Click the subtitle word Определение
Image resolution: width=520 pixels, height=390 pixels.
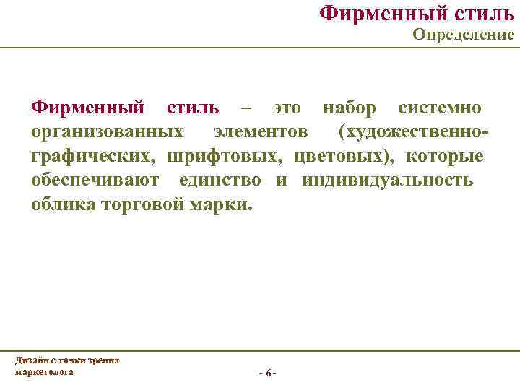[463, 35]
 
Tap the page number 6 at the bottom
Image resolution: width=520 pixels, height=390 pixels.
[268, 373]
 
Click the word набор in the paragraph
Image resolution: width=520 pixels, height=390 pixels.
[349, 108]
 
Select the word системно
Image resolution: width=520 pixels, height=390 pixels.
[441, 108]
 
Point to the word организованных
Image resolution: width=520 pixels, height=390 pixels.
[107, 132]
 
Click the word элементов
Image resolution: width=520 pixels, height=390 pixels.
[260, 132]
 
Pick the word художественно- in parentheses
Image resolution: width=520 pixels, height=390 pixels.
[414, 132]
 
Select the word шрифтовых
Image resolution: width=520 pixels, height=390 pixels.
[222, 156]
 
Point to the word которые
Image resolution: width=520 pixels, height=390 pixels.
[445, 156]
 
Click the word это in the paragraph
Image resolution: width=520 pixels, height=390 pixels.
[287, 108]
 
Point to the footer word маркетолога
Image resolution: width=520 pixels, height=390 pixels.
[43, 370]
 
